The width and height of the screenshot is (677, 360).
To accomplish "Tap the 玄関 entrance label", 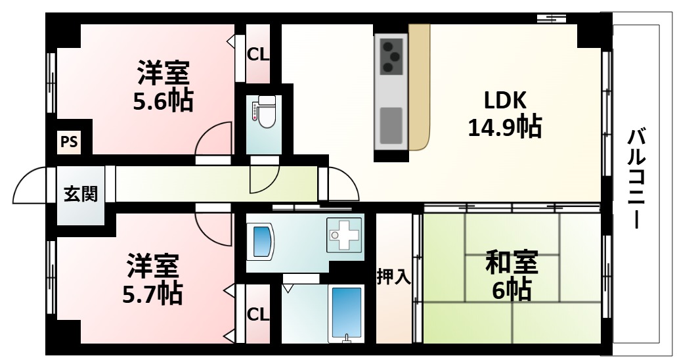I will point(81,194).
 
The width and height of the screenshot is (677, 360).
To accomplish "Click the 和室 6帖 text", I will point(512,275).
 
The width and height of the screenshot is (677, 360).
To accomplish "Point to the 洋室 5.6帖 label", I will point(164,86).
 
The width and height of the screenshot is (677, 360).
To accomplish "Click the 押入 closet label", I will point(393,277).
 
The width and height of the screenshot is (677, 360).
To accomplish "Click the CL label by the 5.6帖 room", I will point(258,55).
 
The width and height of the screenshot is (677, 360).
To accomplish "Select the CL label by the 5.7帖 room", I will point(258,315).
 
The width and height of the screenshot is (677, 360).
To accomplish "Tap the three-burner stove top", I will point(392,56).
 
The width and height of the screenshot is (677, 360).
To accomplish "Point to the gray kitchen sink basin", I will point(391,124).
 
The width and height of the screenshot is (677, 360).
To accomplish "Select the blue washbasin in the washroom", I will point(261,241).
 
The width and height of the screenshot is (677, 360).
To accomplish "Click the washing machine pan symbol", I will point(344,234).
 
